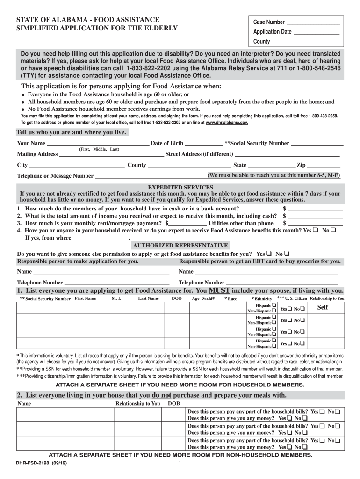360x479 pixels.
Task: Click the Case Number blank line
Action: [313, 22]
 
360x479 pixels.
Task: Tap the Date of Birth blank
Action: [204, 144]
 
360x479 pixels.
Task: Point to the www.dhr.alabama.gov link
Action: [227, 123]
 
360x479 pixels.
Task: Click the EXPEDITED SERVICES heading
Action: [180, 187]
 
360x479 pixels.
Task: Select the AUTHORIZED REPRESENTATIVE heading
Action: [180, 245]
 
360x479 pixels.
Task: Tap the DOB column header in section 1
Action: [177, 298]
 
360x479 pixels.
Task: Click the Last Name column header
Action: [148, 298]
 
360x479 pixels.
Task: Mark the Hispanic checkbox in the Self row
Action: [274, 305]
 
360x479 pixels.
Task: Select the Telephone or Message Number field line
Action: [151, 176]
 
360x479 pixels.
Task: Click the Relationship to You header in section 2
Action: [137, 403]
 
